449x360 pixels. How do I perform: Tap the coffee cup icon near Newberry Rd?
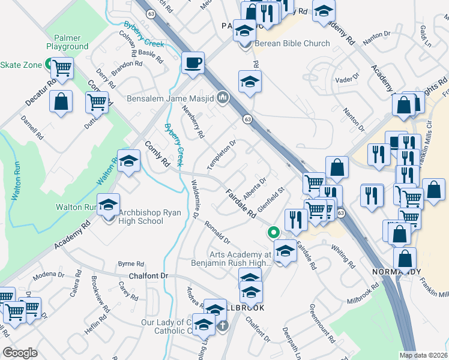point(193,63)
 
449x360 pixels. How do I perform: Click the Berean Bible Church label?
point(291,43)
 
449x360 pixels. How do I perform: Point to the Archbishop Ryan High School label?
point(141,217)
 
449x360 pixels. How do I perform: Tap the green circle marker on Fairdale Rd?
point(274,232)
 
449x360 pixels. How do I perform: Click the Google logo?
point(20,353)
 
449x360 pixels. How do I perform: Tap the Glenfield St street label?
point(271,200)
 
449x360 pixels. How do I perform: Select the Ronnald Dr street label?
point(217,233)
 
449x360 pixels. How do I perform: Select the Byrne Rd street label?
point(131,264)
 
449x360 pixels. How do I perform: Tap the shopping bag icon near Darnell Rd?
point(61,102)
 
